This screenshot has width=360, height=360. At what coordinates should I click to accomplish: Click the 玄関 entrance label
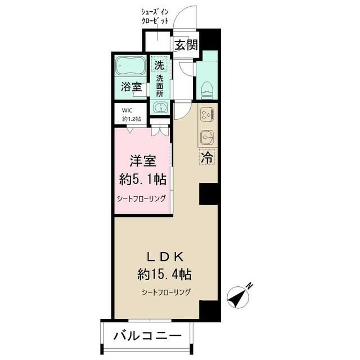[x=186, y=45]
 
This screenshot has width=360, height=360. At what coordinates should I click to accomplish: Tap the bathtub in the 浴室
[x=130, y=65]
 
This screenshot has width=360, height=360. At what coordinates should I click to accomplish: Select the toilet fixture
[x=208, y=90]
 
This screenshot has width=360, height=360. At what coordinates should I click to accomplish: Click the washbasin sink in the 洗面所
[x=160, y=107]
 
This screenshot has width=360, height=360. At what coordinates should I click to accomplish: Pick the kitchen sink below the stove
[x=208, y=138]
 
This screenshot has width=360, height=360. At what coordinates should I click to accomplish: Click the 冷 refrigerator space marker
[x=207, y=157]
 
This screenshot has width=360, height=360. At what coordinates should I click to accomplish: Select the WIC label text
[x=127, y=110]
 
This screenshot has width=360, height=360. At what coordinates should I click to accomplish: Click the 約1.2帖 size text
[x=131, y=119]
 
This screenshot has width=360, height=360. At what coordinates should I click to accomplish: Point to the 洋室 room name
[x=143, y=161]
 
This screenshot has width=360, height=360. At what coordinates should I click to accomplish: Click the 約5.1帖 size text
[x=143, y=179]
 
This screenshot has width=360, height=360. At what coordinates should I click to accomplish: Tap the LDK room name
[x=165, y=257]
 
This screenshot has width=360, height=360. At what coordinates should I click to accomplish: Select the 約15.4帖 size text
[x=164, y=274]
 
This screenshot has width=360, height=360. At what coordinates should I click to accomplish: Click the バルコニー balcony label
[x=148, y=336]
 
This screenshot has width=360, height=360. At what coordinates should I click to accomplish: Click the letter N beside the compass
[x=249, y=286]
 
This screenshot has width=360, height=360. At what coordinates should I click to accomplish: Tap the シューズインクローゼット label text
[x=155, y=16]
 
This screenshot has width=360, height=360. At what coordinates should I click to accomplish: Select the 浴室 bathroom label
[x=131, y=88]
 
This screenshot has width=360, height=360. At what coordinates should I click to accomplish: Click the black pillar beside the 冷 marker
[x=209, y=193]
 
